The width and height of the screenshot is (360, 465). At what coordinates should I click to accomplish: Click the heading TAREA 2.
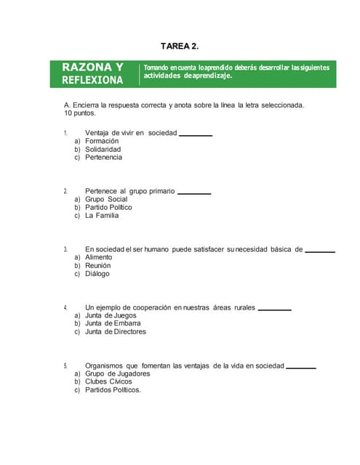point(179,46)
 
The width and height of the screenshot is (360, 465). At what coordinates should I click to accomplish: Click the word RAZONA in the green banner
point(87,67)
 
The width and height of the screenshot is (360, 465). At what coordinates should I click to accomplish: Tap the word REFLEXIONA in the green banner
point(92,80)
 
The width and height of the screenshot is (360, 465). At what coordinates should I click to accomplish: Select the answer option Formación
point(102,141)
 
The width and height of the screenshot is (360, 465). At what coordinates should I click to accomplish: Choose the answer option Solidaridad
point(103,149)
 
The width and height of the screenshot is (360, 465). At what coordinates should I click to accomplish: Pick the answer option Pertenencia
point(103,157)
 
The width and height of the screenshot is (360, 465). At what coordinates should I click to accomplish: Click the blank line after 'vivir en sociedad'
point(196,135)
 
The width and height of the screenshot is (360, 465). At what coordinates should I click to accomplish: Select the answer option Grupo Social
point(106,199)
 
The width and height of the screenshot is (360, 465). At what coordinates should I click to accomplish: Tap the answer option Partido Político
point(108,207)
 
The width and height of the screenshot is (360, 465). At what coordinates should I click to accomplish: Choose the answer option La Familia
point(102,215)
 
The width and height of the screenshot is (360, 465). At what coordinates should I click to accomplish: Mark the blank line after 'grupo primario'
point(194,193)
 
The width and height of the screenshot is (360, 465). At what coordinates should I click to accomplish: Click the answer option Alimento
point(99,257)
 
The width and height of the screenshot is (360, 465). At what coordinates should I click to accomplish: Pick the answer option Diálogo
point(97,274)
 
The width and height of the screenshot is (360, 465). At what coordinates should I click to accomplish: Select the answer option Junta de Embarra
point(113,323)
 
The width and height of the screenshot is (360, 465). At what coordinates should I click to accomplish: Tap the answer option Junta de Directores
point(116,331)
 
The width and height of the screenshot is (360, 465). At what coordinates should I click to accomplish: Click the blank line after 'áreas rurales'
point(275,310)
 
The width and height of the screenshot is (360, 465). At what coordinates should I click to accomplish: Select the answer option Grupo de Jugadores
point(118,373)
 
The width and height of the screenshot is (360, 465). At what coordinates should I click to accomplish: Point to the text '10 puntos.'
point(80,113)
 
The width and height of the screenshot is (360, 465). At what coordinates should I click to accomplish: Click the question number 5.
point(65,365)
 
